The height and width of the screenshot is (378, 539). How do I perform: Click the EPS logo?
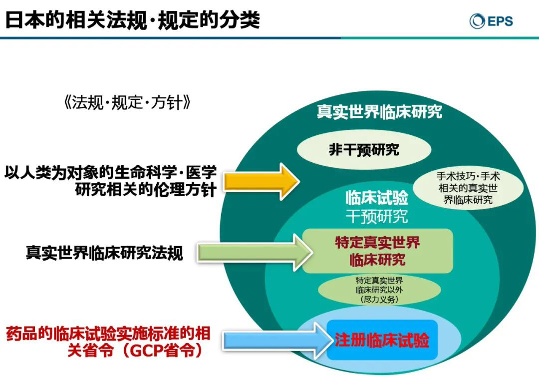(x=491, y=20)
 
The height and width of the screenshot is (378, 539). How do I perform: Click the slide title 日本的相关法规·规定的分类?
(x=132, y=19)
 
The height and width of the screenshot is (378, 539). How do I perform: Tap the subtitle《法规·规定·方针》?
(x=127, y=102)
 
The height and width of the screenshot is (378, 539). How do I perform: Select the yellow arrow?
(x=261, y=181)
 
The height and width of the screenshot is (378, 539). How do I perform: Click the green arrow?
(x=255, y=253)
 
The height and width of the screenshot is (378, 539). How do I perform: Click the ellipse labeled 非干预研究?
(x=364, y=150)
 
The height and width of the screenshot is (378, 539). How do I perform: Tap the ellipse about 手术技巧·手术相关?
(x=468, y=188)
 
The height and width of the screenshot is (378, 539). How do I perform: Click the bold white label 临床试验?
(x=377, y=197)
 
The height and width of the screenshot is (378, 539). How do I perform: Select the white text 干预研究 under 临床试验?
(x=377, y=216)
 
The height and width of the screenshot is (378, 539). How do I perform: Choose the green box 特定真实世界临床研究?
(x=377, y=251)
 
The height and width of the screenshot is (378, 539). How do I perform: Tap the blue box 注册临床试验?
(x=382, y=340)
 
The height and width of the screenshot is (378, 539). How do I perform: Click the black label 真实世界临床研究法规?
(x=104, y=253)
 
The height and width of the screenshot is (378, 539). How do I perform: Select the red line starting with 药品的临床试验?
(x=108, y=334)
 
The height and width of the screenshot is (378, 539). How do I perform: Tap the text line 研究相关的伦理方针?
(x=146, y=190)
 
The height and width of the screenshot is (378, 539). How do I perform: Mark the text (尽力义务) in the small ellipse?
(x=379, y=299)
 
